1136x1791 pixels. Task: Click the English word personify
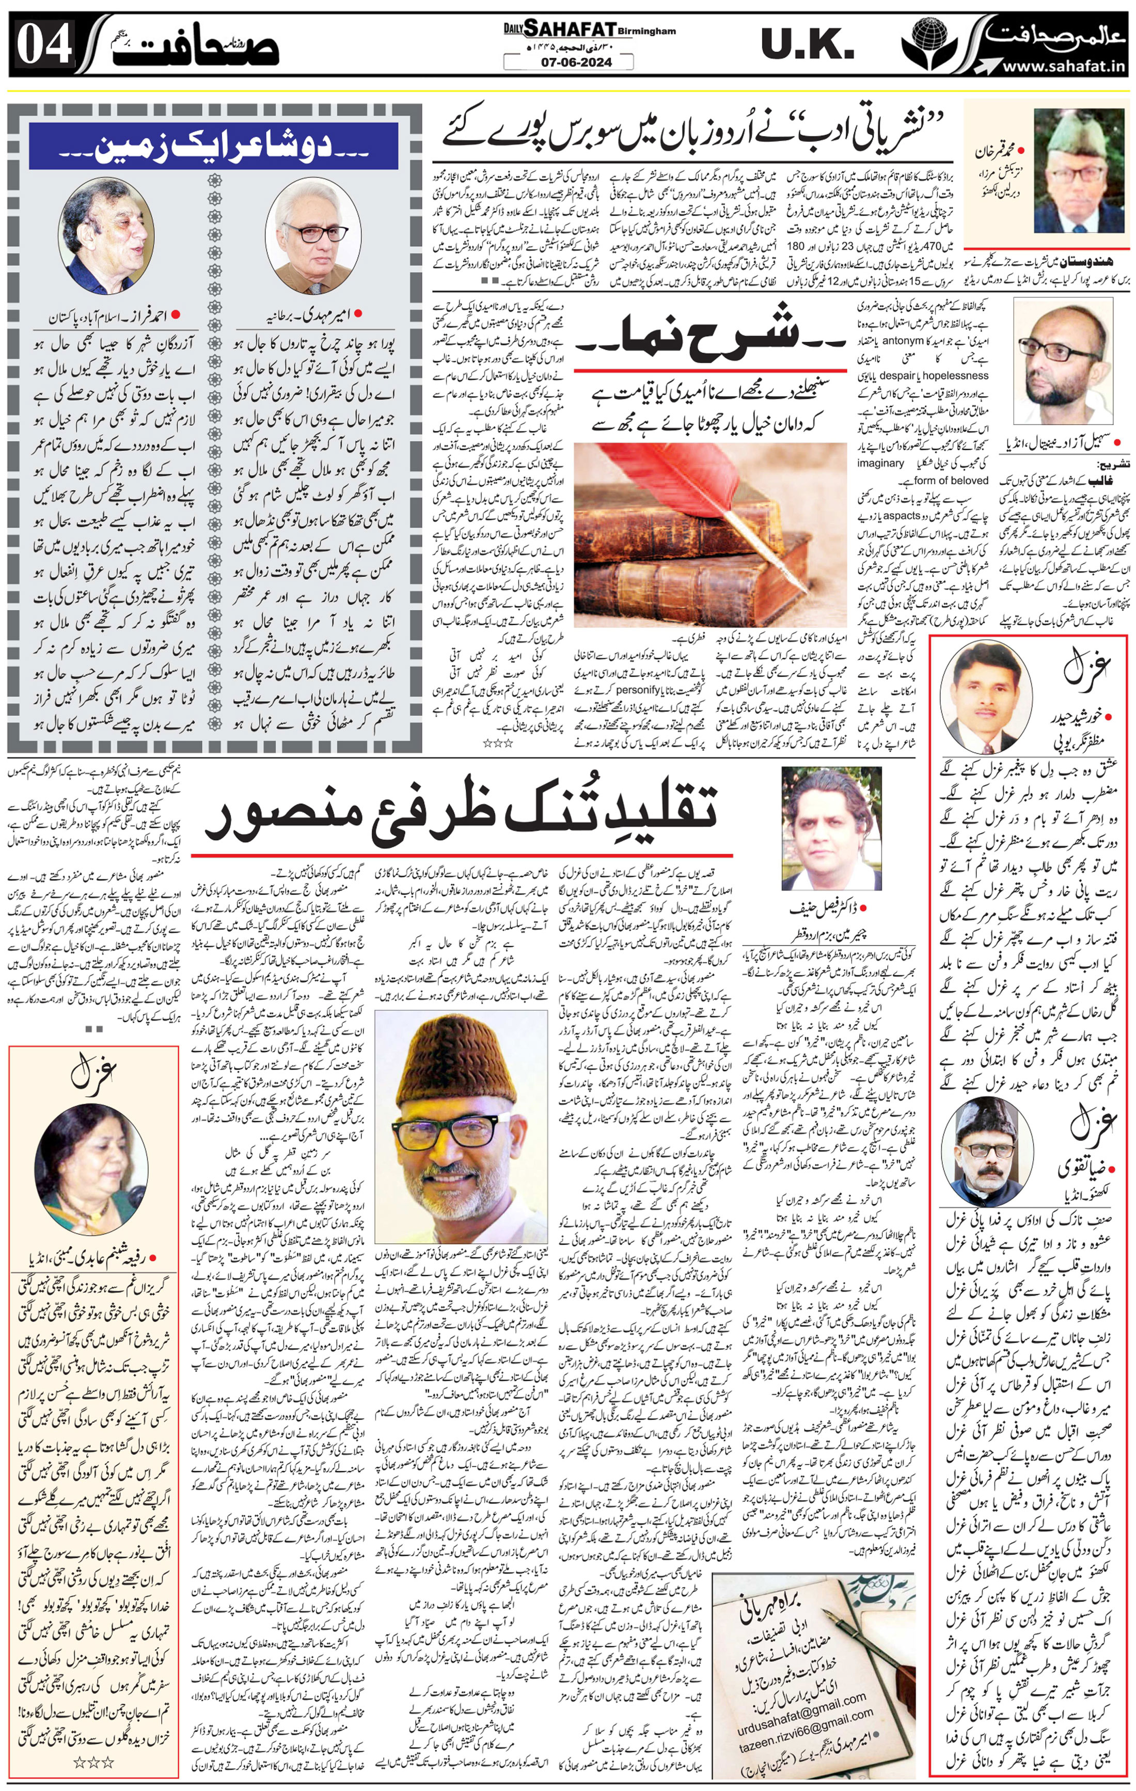click(638, 689)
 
